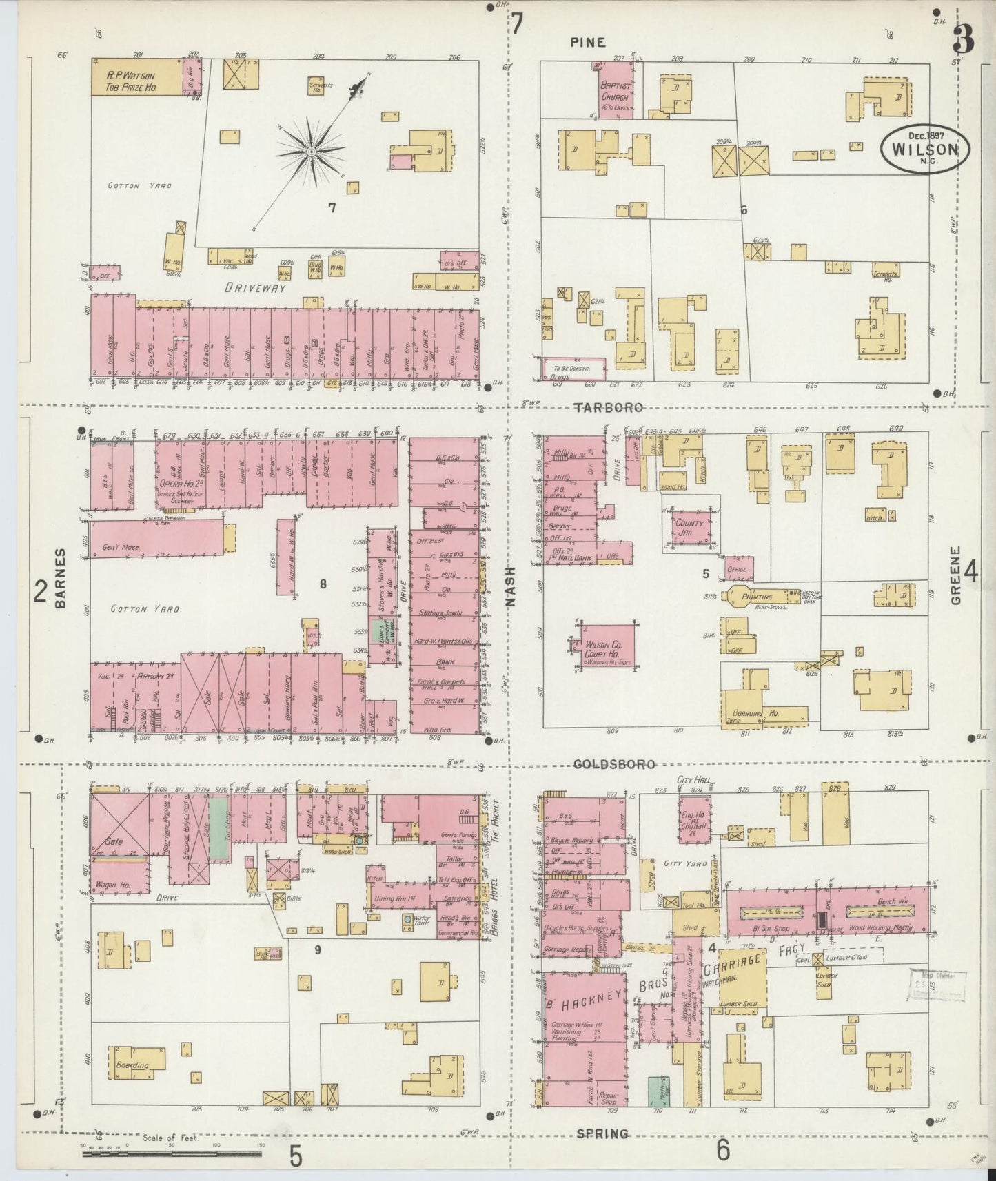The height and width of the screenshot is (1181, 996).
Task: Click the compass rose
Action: click(312, 151)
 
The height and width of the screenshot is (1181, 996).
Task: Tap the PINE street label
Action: click(587, 43)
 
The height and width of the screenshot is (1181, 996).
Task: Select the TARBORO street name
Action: click(609, 407)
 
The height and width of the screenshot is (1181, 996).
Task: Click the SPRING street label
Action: click(602, 1133)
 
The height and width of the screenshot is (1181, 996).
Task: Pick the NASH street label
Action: click(511, 586)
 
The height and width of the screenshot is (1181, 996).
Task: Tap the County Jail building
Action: click(689, 528)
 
